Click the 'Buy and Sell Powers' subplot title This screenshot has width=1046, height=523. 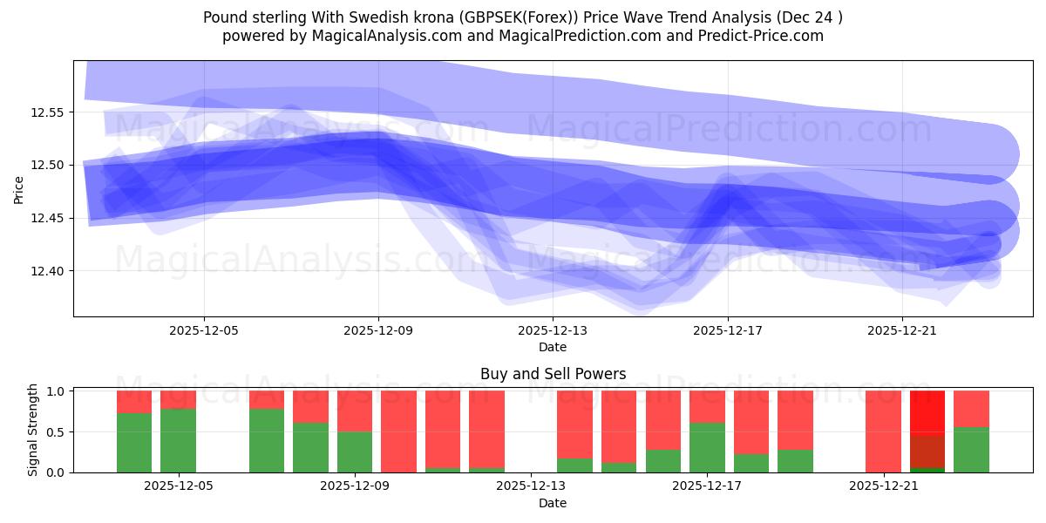pos(553,374)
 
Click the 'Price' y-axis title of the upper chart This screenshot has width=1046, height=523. pos(20,188)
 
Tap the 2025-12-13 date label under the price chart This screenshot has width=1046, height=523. pos(553,331)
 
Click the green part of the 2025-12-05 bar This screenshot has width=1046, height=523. pos(178,440)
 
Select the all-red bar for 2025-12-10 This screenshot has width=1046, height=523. pos(398,431)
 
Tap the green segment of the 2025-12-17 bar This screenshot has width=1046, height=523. pos(707,447)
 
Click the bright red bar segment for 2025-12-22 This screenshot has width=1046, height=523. pos(927,412)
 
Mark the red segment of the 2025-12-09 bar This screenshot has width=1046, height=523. pos(355,411)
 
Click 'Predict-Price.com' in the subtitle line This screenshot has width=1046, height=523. pos(764,36)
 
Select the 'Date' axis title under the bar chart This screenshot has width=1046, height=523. pos(553,503)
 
